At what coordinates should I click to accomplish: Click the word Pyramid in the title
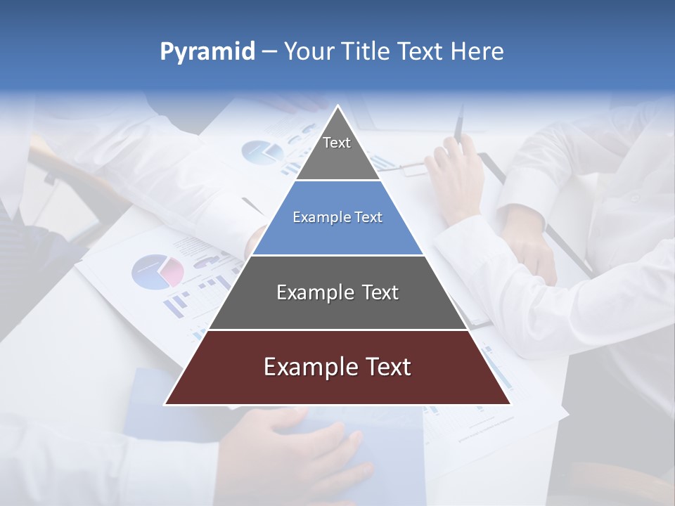coord(207,52)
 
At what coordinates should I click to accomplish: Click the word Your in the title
coord(309,51)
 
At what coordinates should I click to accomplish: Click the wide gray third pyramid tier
coord(337,293)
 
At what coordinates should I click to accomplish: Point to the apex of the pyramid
coord(337,107)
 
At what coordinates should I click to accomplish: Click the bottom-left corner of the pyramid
coord(166,403)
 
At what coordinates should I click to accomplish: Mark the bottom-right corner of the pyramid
coord(509,403)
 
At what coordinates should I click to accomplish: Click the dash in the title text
coord(269,52)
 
